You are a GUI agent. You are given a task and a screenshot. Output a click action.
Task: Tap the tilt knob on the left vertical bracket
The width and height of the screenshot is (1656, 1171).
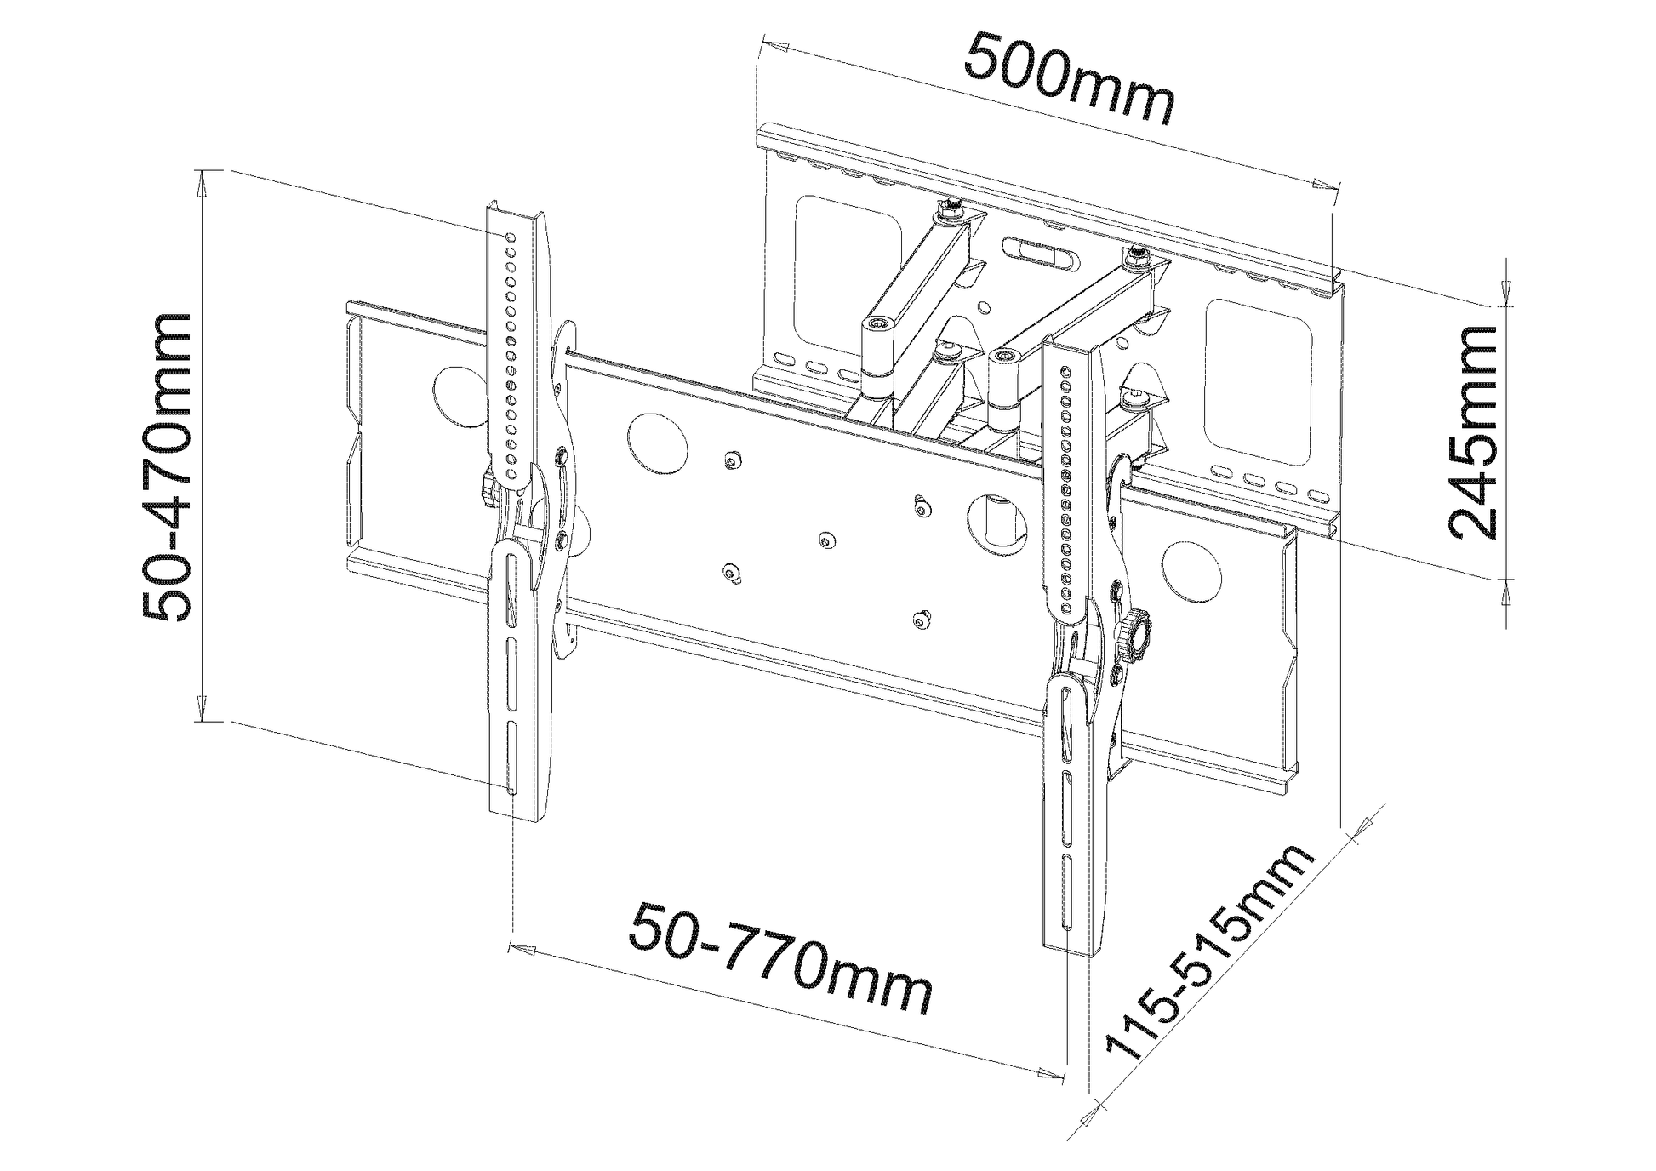[x=488, y=490]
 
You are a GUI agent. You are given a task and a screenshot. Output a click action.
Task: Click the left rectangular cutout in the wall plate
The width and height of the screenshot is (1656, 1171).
[x=848, y=274]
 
